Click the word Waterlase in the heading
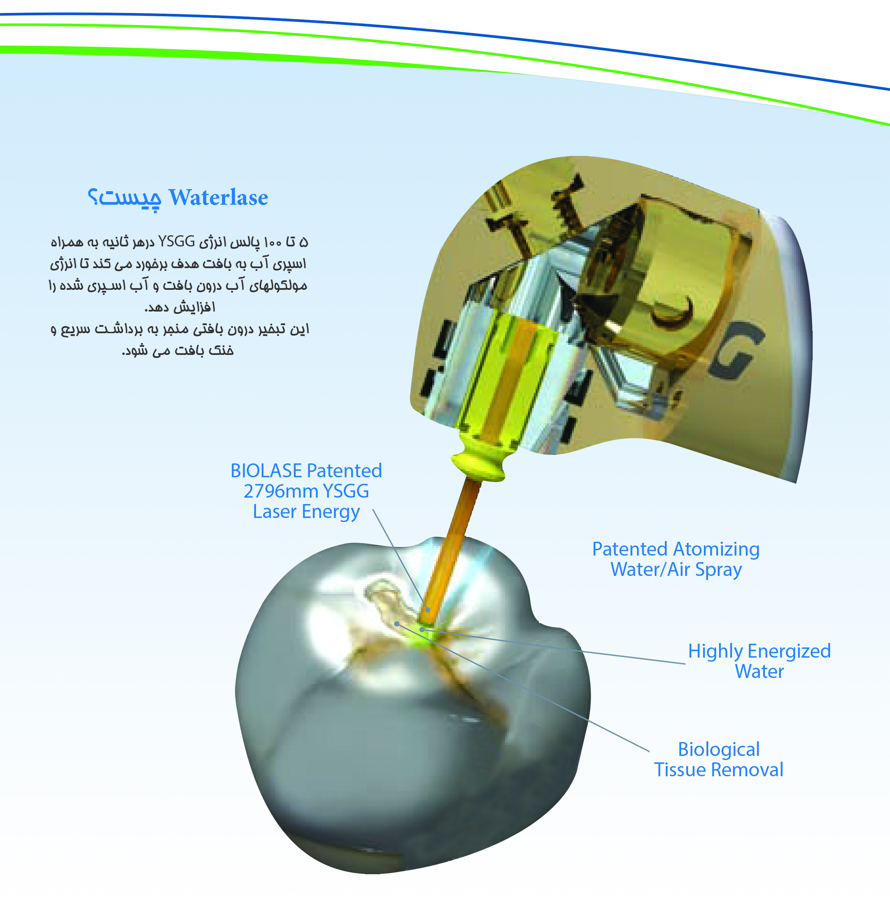218,197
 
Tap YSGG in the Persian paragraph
177,242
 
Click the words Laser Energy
306,512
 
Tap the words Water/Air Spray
676,570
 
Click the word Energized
789,652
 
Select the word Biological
719,750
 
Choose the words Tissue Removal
719,770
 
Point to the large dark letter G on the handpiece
738,348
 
